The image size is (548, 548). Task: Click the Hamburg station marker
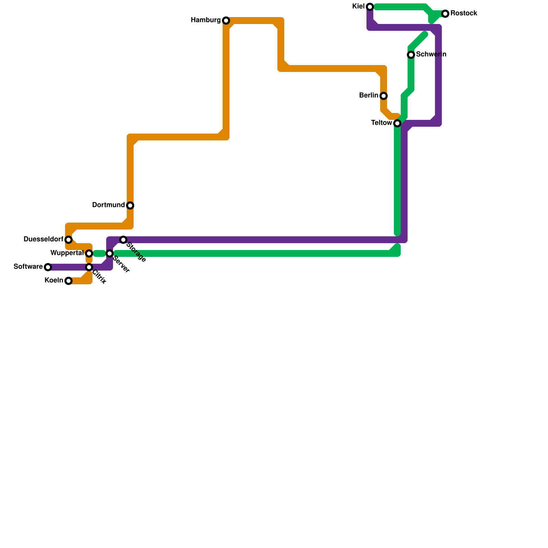click(226, 21)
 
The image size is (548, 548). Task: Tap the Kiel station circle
click(370, 7)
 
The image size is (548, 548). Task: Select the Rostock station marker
click(445, 14)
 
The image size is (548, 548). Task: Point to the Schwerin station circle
click(411, 55)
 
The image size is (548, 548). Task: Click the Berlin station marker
click(384, 96)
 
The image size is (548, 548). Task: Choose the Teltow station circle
click(397, 123)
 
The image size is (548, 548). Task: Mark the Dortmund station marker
click(130, 206)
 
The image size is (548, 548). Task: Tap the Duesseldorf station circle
click(68, 240)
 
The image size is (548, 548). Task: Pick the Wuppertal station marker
click(89, 253)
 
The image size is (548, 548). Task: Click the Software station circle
click(48, 267)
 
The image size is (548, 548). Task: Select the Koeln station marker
click(68, 281)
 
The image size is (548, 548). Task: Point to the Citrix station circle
click(89, 267)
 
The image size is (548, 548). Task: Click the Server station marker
click(110, 253)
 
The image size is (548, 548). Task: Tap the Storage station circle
click(123, 240)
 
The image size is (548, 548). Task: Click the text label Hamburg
click(206, 20)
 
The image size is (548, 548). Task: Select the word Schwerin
click(431, 54)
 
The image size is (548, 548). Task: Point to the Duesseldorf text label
click(43, 239)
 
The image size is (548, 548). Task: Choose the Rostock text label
click(464, 13)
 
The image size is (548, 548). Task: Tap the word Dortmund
click(108, 205)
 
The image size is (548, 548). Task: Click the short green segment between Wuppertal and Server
click(99, 253)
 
